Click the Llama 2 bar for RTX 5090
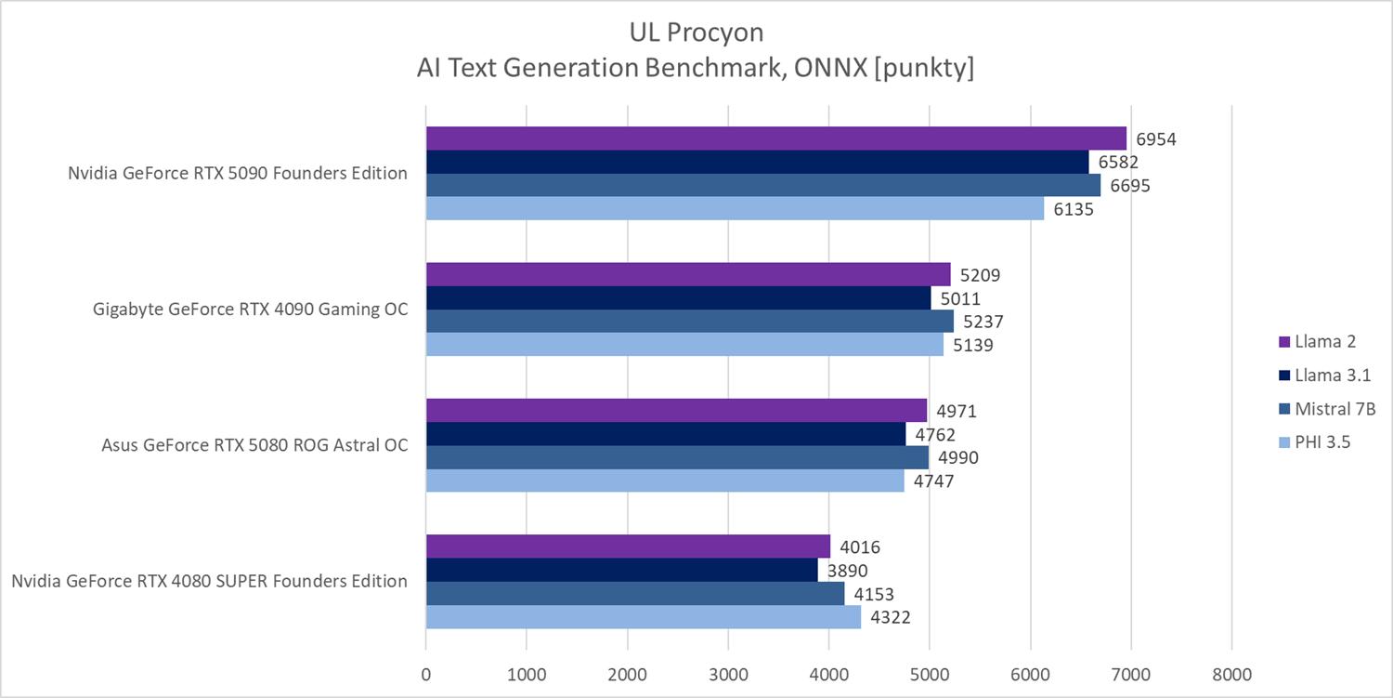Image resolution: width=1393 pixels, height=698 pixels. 775,138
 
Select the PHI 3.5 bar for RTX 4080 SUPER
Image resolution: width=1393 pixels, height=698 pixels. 643,617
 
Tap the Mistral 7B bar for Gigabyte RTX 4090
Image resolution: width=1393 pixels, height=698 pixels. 689,321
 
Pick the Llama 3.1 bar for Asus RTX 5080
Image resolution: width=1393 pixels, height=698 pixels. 665,434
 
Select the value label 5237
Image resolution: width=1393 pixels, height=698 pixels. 983,322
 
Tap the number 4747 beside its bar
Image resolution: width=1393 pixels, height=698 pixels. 933,481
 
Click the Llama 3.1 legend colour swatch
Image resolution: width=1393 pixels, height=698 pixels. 1284,375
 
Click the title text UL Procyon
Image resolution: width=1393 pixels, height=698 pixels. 696,33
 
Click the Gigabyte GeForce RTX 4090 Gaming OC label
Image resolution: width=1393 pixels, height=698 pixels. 252,309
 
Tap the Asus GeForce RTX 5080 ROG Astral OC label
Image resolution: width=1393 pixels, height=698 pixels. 254,445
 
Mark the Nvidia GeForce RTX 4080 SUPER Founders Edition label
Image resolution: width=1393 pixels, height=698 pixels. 209,581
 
